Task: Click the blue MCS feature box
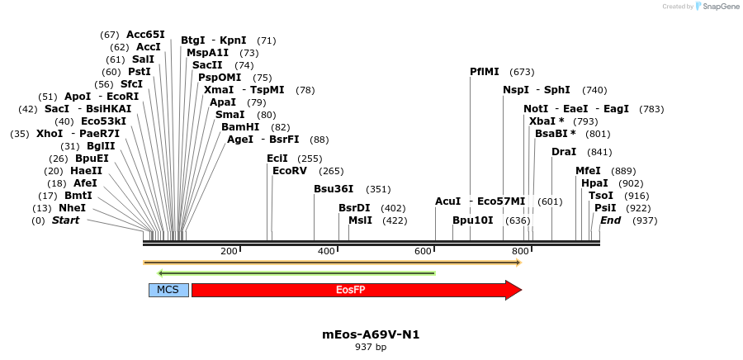pyautogui.click(x=168, y=290)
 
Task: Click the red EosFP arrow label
pyautogui.click(x=350, y=290)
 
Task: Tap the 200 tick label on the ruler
pyautogui.click(x=229, y=251)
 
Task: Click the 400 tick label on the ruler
pyautogui.click(x=326, y=251)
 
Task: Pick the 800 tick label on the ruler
pyautogui.click(x=520, y=251)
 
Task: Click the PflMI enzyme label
pyautogui.click(x=485, y=72)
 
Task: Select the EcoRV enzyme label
pyautogui.click(x=290, y=171)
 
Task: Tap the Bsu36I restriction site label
pyautogui.click(x=334, y=189)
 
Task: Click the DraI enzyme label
pyautogui.click(x=564, y=152)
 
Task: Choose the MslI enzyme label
pyautogui.click(x=360, y=220)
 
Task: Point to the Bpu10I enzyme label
pyautogui.click(x=472, y=220)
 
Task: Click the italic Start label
pyautogui.click(x=66, y=220)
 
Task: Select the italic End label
pyautogui.click(x=610, y=220)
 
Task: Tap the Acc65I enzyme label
pyautogui.click(x=145, y=35)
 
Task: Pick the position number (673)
pyautogui.click(x=522, y=72)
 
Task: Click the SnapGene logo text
pyautogui.click(x=719, y=7)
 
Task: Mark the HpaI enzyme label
pyautogui.click(x=594, y=183)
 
